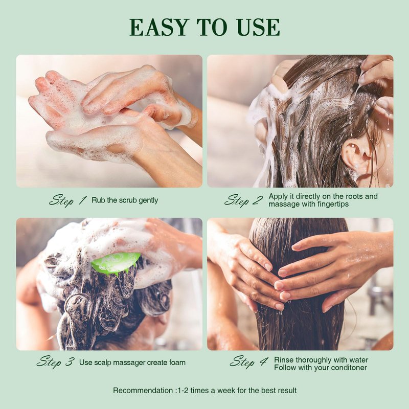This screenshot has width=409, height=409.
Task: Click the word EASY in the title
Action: [159, 27]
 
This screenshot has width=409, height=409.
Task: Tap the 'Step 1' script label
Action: [68, 200]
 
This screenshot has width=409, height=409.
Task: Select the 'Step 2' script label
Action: [244, 200]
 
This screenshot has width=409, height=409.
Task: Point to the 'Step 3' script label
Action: [56, 362]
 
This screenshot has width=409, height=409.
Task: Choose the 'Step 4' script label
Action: [248, 362]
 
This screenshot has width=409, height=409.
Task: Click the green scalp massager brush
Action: [116, 263]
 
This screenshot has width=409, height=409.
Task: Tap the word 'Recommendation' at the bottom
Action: [143, 391]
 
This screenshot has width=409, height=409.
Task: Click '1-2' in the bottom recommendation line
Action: [183, 391]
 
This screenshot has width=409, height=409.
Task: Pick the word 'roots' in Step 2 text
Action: [354, 196]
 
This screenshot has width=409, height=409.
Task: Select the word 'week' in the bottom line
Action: [226, 391]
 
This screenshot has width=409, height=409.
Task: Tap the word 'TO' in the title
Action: [212, 27]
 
